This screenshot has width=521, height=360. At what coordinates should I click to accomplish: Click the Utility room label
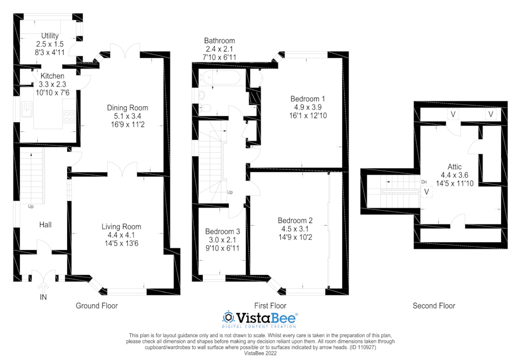pos(51,35)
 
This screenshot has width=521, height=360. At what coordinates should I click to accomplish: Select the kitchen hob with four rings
pos(68,116)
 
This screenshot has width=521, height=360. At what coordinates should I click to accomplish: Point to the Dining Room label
pos(124,107)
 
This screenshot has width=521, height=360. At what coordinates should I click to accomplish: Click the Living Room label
pos(121,227)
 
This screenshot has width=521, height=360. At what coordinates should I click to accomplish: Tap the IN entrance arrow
pos(43,285)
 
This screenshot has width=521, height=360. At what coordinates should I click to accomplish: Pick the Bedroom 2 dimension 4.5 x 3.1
pos(295,228)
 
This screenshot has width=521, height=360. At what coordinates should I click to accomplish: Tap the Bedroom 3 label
pos(222,231)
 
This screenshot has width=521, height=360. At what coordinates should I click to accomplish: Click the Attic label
pos(451,167)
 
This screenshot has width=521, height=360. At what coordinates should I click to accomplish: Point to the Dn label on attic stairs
pos(425,182)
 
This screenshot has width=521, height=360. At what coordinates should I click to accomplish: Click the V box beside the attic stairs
pos(427,192)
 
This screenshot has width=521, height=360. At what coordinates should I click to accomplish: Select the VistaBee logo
pos(260,318)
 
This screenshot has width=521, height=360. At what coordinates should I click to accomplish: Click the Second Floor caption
pos(433,306)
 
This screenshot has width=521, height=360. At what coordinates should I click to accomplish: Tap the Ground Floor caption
pos(97,306)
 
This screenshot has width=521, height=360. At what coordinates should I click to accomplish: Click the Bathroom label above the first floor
pos(219,41)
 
